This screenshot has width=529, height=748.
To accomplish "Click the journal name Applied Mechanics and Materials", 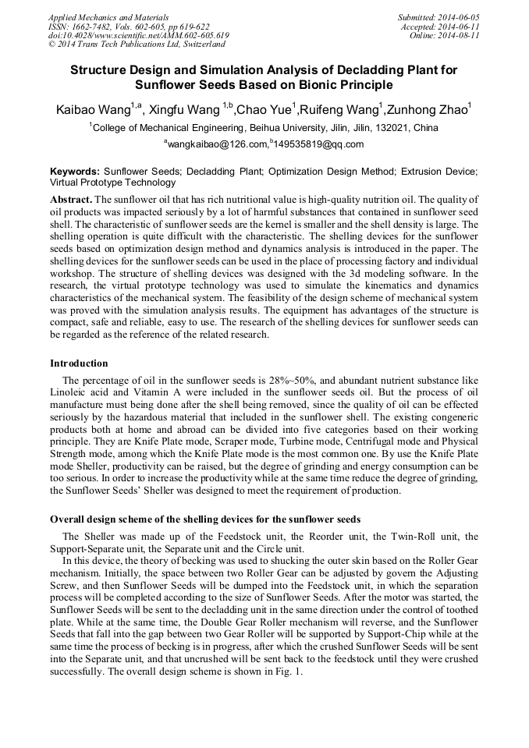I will pos(108,16).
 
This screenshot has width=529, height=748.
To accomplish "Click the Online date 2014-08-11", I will pos(457,35).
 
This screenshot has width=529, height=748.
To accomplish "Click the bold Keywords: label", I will pos(75,171).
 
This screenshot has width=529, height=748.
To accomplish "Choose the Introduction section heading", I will pos(79,363).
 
